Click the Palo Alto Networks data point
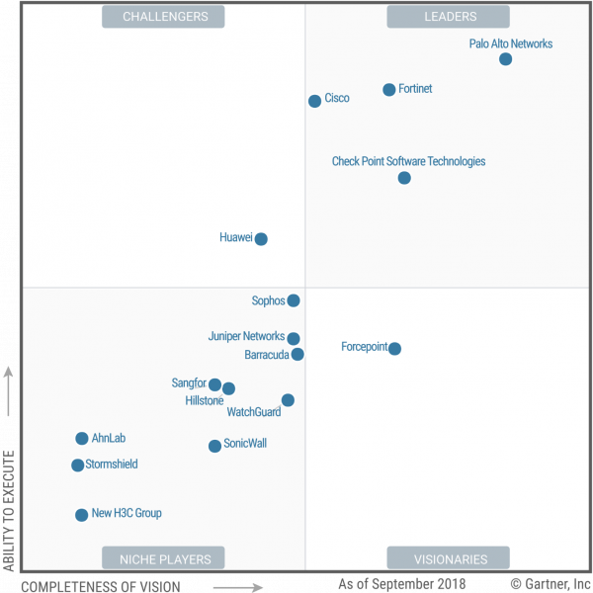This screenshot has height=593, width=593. point(505,59)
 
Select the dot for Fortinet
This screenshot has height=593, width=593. point(388,90)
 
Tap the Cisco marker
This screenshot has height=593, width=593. point(314,101)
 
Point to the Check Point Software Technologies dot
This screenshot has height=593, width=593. point(404,178)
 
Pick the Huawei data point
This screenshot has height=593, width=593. point(261,239)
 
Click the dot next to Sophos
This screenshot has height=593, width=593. point(294,300)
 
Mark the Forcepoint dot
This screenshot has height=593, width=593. point(394,348)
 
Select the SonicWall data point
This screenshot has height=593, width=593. point(214,446)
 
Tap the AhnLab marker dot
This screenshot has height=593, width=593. point(82,438)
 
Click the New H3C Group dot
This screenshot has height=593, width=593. point(81,515)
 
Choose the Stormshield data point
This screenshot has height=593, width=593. point(77,466)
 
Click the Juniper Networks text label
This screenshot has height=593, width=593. point(246,336)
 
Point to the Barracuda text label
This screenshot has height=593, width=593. point(267,355)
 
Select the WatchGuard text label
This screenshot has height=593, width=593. point(254,412)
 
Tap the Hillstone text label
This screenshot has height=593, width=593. point(205,400)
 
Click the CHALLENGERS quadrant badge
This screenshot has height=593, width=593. point(163,17)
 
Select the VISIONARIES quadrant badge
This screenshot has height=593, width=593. point(448,557)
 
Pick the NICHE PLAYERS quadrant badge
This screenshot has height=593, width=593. point(163,557)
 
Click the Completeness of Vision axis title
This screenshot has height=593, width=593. point(101,586)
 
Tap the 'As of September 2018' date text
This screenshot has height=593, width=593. point(402,584)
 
